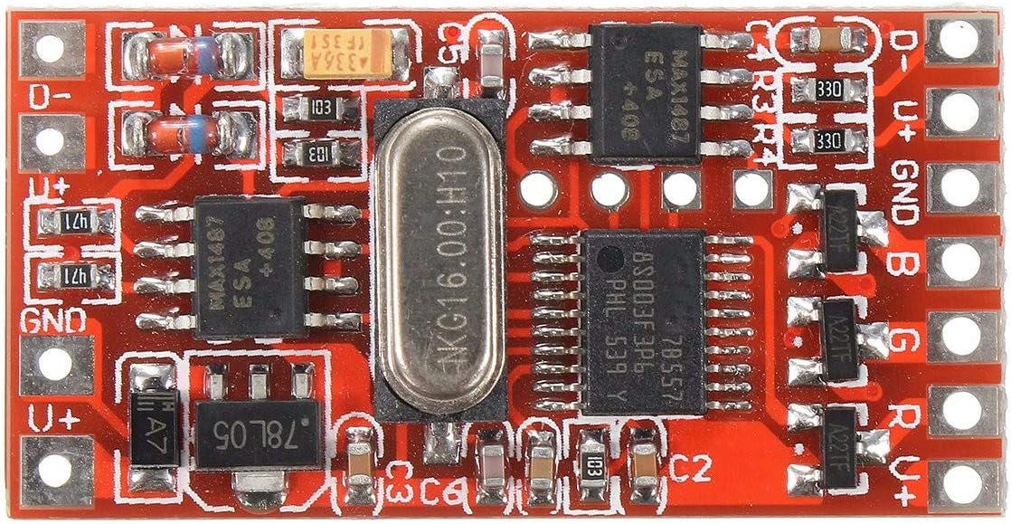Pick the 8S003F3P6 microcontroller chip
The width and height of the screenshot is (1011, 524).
point(641,321)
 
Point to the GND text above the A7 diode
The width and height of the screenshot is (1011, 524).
point(54,319)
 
